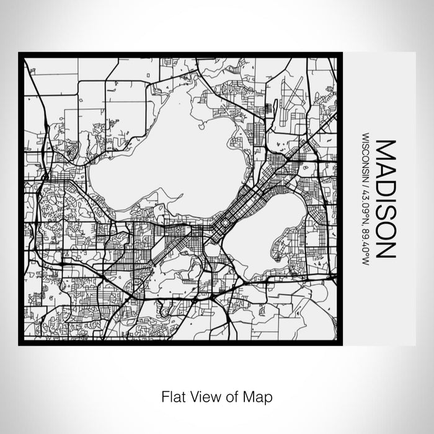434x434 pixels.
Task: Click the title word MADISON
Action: tap(385, 198)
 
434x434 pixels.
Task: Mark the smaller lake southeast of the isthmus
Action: tap(267, 232)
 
